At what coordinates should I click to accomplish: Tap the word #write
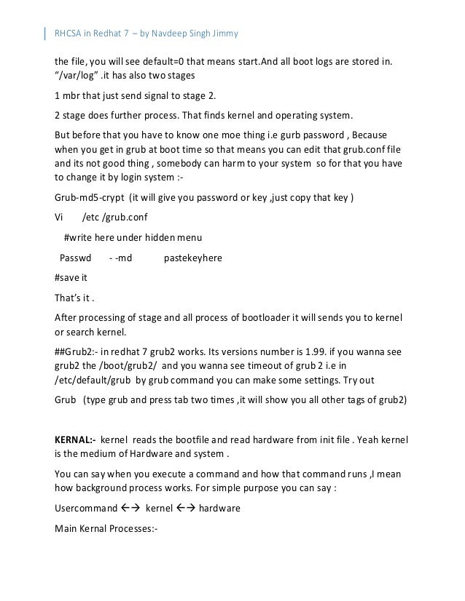(x=79, y=237)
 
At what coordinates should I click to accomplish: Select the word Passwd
(x=75, y=258)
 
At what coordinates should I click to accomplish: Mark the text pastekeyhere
(x=193, y=258)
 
